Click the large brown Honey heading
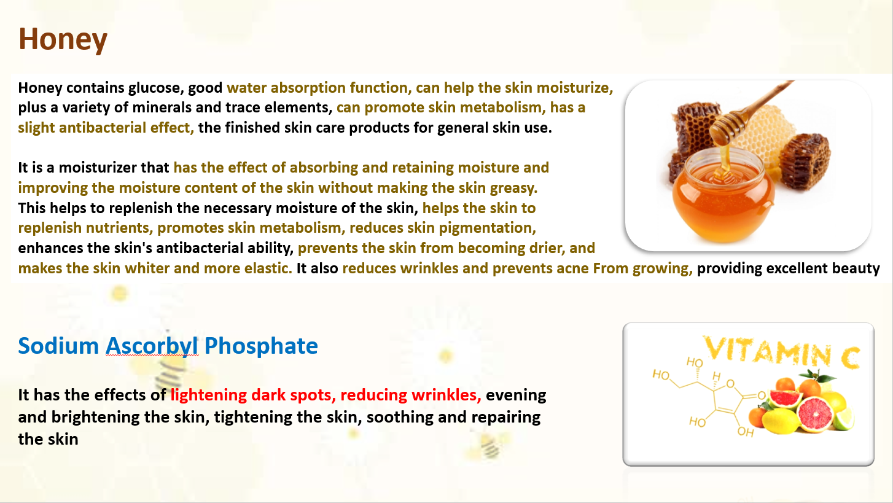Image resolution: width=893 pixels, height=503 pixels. (x=63, y=40)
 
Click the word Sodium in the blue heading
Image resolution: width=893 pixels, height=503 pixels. (x=58, y=346)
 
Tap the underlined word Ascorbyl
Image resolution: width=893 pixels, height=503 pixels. (x=152, y=346)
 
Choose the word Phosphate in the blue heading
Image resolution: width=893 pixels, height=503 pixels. (x=261, y=346)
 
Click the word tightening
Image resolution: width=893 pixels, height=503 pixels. (x=253, y=418)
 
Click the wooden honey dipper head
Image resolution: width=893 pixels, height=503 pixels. (x=728, y=128)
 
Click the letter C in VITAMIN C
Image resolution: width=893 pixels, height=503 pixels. (x=849, y=357)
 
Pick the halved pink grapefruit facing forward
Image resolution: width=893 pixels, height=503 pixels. (x=815, y=414)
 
